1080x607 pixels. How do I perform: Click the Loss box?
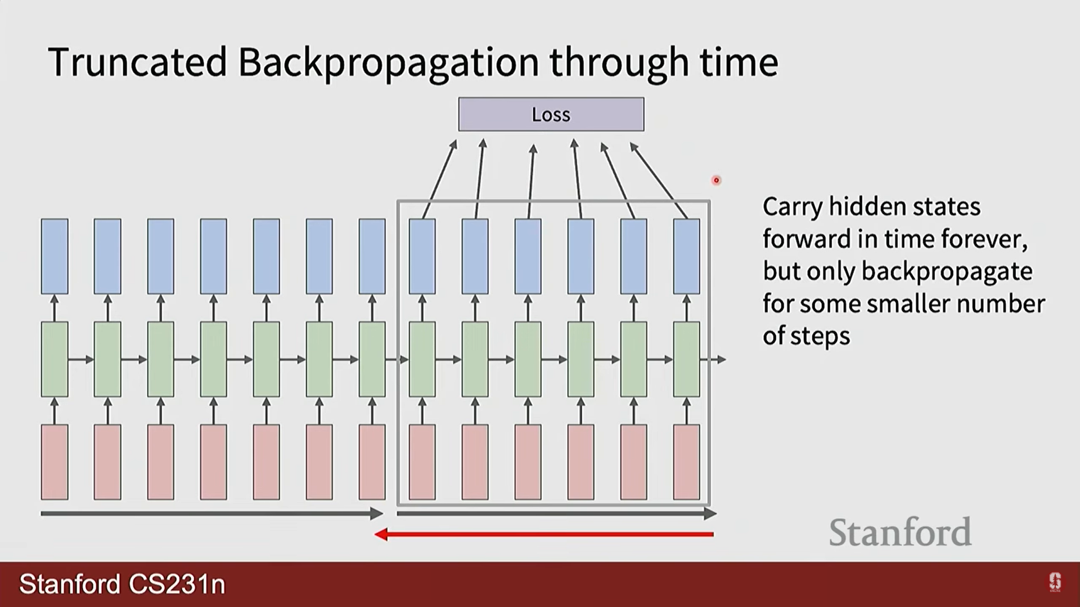tap(551, 114)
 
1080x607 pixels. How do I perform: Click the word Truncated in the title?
tap(138, 62)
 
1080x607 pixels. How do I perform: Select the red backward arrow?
tap(544, 534)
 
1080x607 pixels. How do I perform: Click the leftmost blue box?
tap(55, 256)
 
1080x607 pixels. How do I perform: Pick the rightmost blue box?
tap(687, 256)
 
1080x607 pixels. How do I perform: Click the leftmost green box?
tap(55, 359)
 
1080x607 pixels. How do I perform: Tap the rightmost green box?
tap(687, 359)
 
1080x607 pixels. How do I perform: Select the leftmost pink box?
tap(55, 462)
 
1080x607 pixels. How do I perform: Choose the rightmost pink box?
tap(687, 462)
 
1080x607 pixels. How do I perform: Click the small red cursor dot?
tap(716, 180)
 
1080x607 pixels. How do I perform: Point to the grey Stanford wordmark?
tap(900, 532)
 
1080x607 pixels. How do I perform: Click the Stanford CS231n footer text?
tap(122, 585)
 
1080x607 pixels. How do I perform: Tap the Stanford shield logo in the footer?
tap(1055, 582)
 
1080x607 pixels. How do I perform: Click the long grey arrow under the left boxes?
tap(212, 513)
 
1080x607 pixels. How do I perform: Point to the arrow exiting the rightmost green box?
tap(713, 359)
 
